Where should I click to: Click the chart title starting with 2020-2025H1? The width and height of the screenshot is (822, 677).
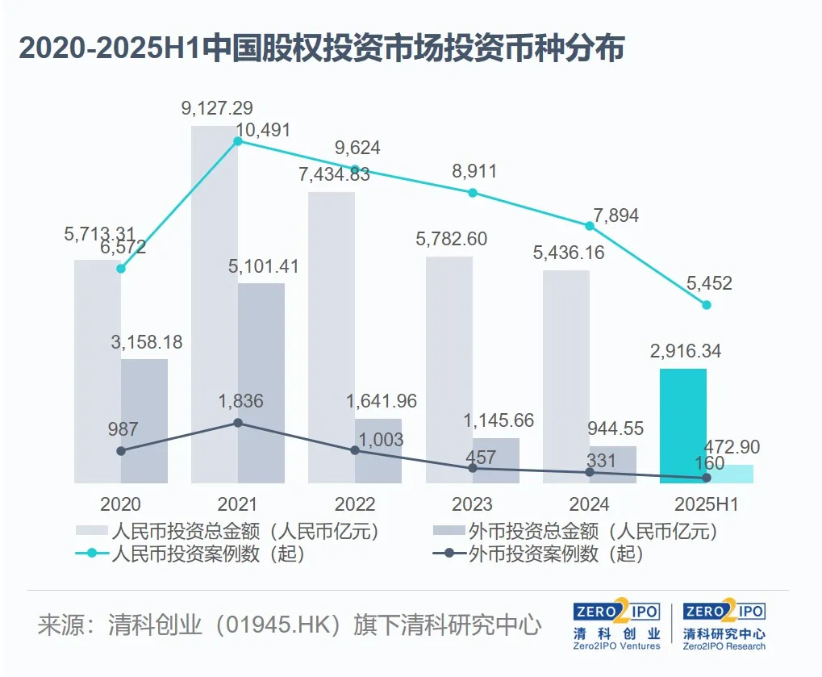[321, 49]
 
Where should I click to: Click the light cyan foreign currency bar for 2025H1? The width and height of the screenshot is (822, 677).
[730, 474]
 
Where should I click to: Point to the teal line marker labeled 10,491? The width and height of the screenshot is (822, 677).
[237, 141]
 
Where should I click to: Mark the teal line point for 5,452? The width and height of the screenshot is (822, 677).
[707, 304]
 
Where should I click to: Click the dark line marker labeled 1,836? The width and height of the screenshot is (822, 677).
[237, 422]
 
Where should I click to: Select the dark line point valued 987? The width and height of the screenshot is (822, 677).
[121, 450]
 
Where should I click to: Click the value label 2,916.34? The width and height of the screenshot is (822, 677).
[684, 351]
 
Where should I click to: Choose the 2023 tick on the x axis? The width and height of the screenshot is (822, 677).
[472, 505]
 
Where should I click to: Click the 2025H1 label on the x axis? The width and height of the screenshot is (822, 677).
[706, 505]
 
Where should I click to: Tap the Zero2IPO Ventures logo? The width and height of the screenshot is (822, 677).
[617, 625]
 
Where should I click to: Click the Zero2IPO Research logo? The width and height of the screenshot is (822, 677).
[724, 625]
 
